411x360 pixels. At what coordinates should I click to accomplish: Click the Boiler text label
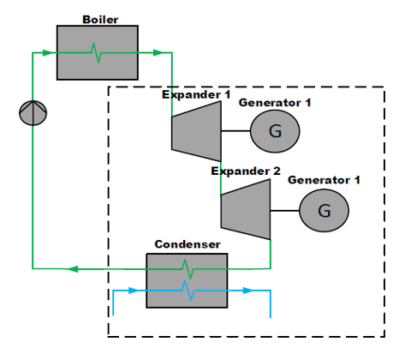click(x=100, y=20)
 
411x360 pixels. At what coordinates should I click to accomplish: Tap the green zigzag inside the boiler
click(x=96, y=53)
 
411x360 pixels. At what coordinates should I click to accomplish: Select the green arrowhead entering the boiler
click(x=47, y=52)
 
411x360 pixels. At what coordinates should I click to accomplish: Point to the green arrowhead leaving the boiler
click(x=158, y=52)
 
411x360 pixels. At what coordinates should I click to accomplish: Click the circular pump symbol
click(x=33, y=113)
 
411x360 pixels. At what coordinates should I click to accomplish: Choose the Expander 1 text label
click(x=196, y=94)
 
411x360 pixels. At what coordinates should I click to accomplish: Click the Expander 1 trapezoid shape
click(x=196, y=131)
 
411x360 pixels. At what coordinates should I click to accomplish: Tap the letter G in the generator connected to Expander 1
click(x=275, y=131)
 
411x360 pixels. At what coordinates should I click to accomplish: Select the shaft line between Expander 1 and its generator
click(x=235, y=131)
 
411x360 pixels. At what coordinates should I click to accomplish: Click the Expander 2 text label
click(x=246, y=171)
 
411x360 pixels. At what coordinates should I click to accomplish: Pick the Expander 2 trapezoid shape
click(x=246, y=209)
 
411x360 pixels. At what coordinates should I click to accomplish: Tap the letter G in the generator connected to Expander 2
click(x=325, y=211)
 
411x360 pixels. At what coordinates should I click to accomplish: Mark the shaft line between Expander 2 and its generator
click(x=285, y=211)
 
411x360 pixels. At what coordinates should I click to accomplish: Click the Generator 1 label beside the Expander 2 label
click(x=324, y=180)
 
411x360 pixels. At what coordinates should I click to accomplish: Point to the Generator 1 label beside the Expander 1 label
click(x=275, y=103)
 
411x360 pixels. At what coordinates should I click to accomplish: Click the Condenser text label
click(x=188, y=244)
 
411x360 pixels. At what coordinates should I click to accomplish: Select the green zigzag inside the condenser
click(x=188, y=269)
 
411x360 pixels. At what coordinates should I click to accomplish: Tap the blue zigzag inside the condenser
click(x=188, y=291)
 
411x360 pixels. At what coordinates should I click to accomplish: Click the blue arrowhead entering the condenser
click(x=134, y=291)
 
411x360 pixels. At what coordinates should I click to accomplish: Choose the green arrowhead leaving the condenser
click(x=73, y=269)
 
